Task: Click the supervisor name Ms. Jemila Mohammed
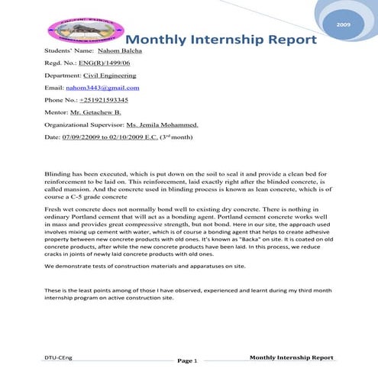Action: click(158, 124)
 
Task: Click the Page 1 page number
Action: click(188, 360)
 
